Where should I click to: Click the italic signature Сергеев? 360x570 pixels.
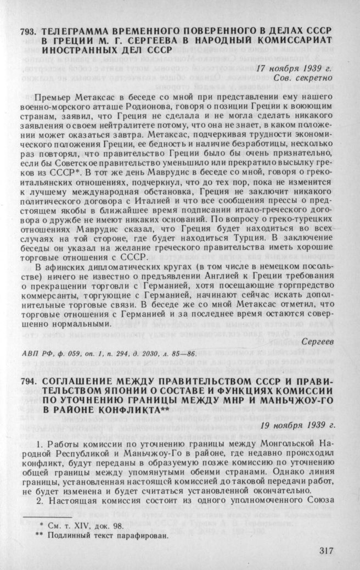[x=318, y=342]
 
